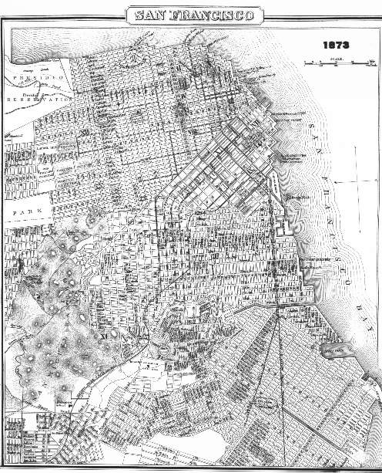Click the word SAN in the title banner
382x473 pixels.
point(152,15)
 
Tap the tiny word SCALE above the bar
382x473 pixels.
point(332,59)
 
